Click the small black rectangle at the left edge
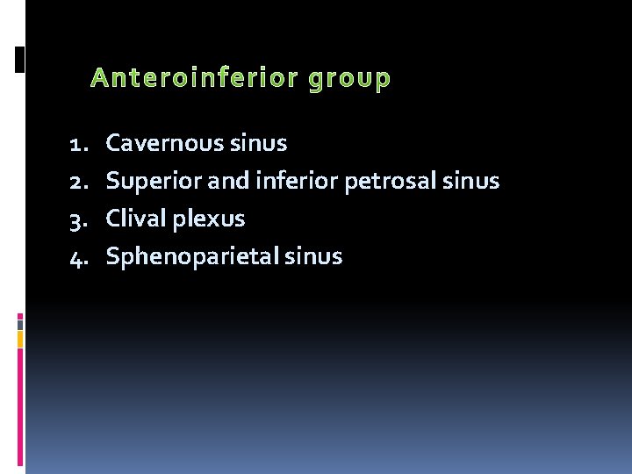[20, 59]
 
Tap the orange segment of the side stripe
[20, 339]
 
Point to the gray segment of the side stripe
[20, 324]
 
